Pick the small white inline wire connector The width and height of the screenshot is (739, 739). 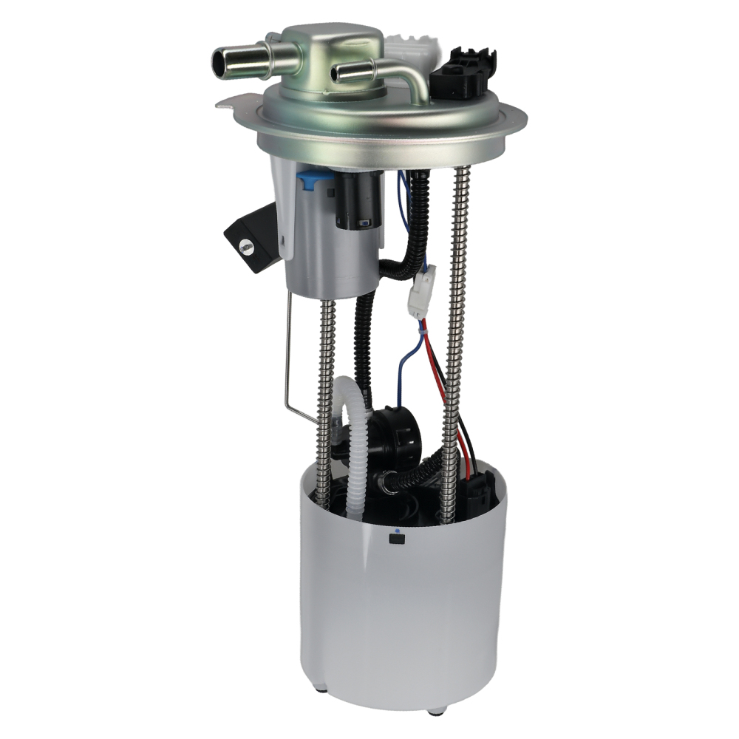pos(420,291)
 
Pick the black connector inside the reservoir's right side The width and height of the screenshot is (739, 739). pos(480,491)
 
